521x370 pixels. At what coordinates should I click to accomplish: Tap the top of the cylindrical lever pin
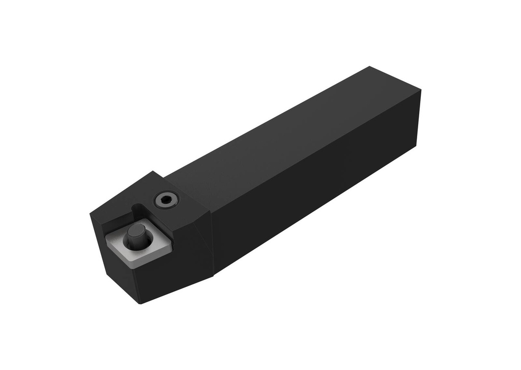pos(136,231)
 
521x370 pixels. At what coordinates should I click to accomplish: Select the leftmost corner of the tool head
pos(91,214)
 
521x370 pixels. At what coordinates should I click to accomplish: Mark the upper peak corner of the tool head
pos(153,171)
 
